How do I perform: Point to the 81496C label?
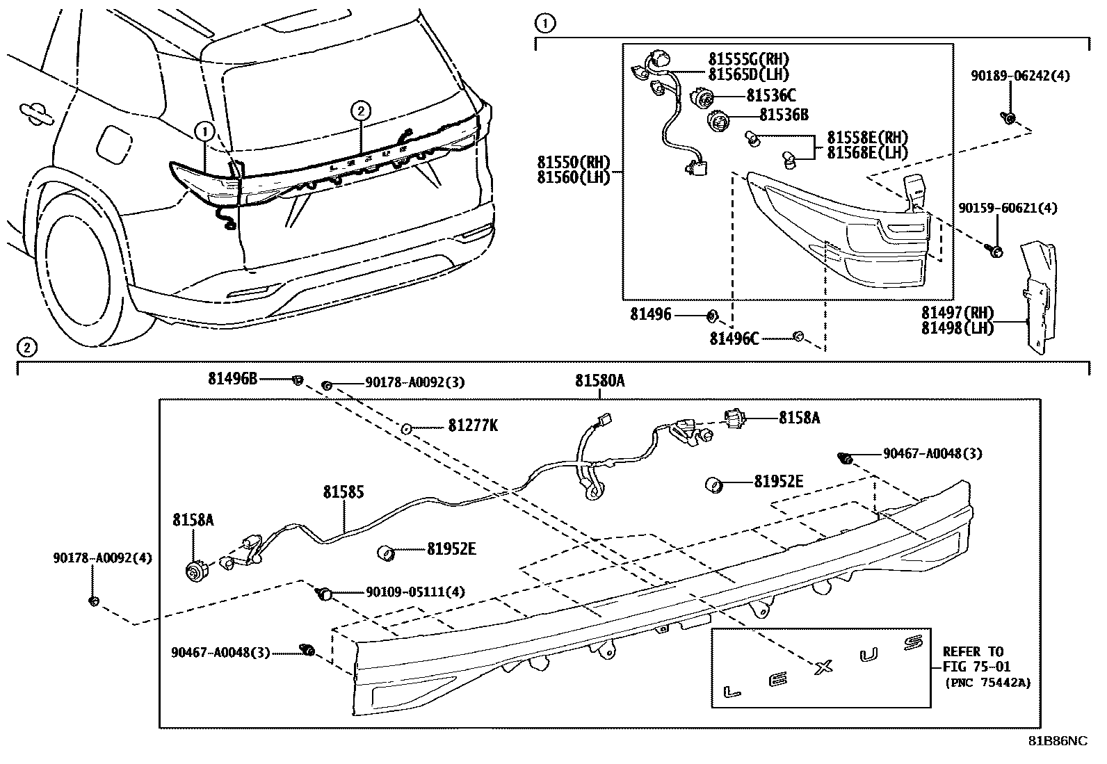(x=734, y=339)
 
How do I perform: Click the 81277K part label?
(x=473, y=425)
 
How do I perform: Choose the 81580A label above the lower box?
(x=599, y=381)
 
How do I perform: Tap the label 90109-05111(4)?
(x=415, y=592)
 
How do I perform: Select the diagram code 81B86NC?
(x=1058, y=741)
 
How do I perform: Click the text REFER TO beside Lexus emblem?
(x=973, y=652)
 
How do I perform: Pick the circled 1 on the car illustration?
(x=204, y=129)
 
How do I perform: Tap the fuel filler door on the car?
(x=111, y=142)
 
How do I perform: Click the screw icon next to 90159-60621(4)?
(x=995, y=252)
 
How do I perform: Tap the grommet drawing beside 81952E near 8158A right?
(x=713, y=484)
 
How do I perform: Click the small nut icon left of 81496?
(x=711, y=316)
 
